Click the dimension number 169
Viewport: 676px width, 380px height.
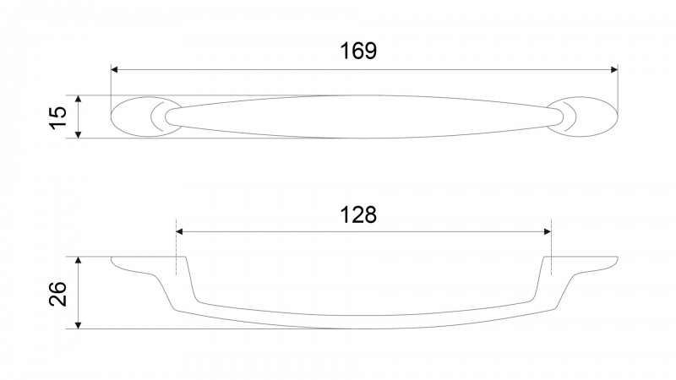tap(358, 51)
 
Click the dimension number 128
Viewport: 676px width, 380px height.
tap(358, 214)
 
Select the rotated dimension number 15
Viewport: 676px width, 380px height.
tap(57, 117)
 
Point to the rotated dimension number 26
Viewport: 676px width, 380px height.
tap(57, 294)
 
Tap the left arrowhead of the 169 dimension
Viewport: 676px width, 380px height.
tap(114, 70)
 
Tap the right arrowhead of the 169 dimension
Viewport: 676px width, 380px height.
tap(614, 70)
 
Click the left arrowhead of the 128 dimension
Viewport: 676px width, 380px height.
tap(179, 231)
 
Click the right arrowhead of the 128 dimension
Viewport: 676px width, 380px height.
tap(548, 231)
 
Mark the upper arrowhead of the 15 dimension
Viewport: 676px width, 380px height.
tap(78, 99)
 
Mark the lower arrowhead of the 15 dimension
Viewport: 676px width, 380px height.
tap(78, 134)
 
